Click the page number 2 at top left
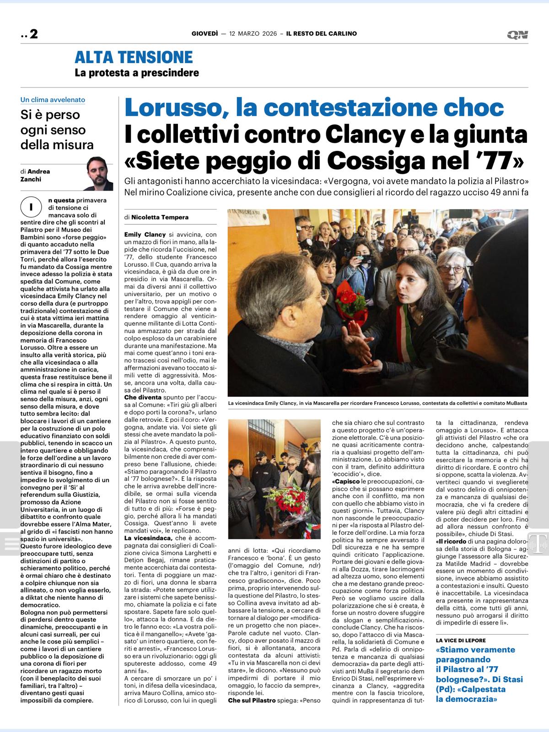point(33,34)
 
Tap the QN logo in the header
point(517,35)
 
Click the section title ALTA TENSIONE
point(134,57)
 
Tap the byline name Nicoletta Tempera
point(160,217)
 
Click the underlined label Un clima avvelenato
point(53,100)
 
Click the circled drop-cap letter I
point(31,207)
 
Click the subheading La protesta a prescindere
point(137,73)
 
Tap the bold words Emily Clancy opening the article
point(145,235)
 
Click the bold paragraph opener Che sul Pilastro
point(252,700)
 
